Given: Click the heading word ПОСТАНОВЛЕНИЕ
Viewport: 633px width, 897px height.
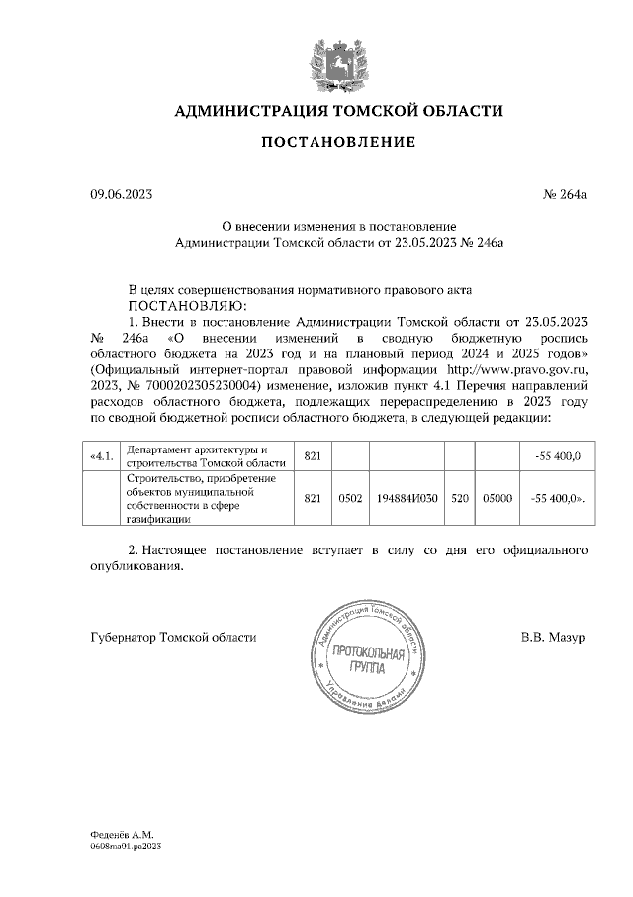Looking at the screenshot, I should click(338, 143).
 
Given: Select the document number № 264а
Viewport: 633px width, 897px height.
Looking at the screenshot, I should click(565, 196).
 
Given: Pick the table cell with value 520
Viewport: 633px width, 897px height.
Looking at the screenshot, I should click(459, 500).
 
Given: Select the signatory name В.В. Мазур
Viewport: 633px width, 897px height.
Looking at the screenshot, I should click(553, 637).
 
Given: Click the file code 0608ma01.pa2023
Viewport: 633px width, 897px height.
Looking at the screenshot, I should click(125, 847).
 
